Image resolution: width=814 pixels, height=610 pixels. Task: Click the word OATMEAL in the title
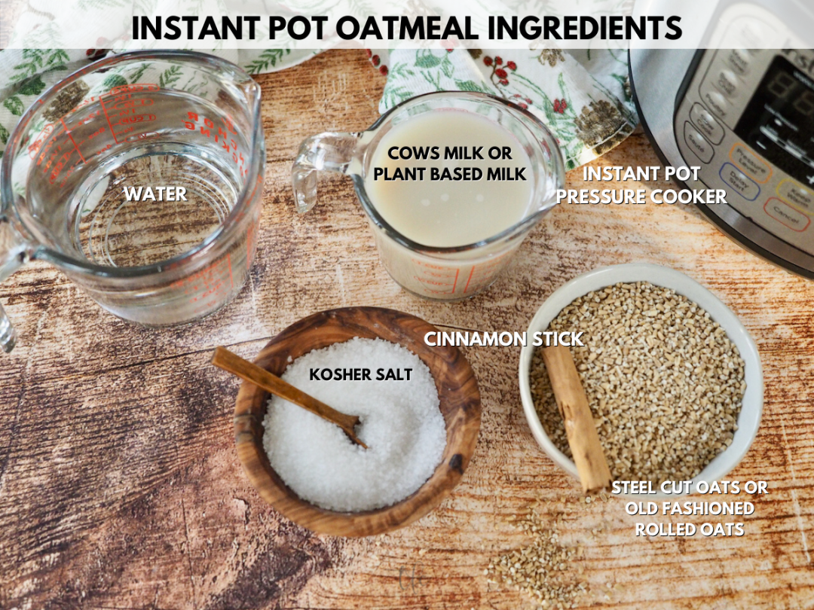pyautogui.click(x=407, y=28)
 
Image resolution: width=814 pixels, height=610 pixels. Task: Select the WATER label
pyautogui.click(x=155, y=194)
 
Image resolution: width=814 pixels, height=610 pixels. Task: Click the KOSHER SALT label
pyautogui.click(x=360, y=374)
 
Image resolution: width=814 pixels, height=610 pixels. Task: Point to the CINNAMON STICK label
pyautogui.click(x=503, y=340)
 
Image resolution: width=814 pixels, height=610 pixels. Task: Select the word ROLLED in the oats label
pyautogui.click(x=664, y=529)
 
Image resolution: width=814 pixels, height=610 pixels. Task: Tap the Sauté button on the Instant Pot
pyautogui.click(x=697, y=140)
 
